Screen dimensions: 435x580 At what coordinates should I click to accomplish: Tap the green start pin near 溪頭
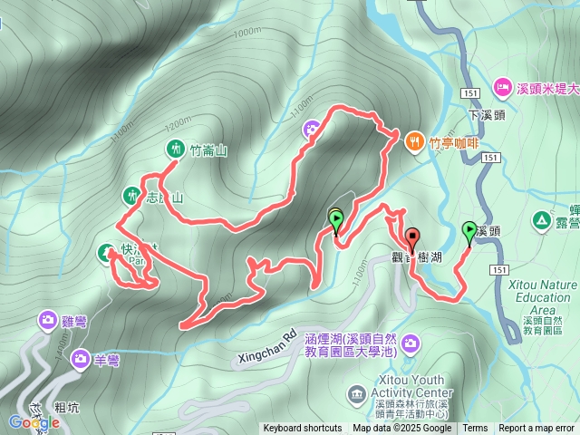(x=469, y=232)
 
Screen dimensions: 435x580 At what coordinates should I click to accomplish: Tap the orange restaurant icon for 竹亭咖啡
(x=414, y=140)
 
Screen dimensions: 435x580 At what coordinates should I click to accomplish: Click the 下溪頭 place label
(x=488, y=115)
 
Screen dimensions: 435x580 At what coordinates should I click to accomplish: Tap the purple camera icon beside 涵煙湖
(x=411, y=342)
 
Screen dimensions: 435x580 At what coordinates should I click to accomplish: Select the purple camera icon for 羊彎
(x=81, y=360)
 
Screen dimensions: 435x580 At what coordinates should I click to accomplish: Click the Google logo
(x=34, y=422)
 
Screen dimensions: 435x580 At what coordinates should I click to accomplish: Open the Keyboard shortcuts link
(x=303, y=429)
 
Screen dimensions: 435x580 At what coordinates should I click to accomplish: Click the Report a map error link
(x=536, y=429)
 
